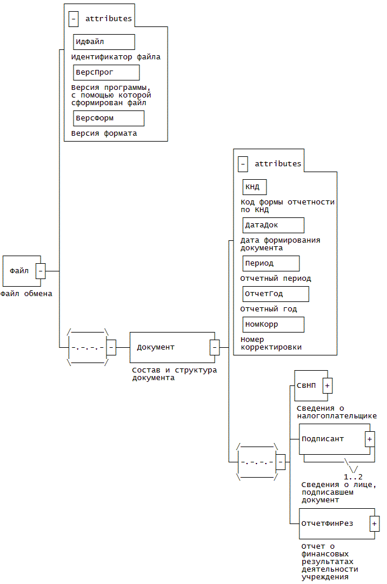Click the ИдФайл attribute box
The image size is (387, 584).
[104, 42]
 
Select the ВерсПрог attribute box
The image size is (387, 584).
[106, 72]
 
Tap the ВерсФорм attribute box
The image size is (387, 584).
[109, 118]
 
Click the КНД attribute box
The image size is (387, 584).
[255, 187]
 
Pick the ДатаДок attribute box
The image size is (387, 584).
[273, 225]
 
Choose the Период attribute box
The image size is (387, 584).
[271, 263]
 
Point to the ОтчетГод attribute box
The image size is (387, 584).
[276, 294]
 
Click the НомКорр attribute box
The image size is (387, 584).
[273, 324]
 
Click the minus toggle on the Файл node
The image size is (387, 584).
[41, 271]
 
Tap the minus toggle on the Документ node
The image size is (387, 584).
[215, 347]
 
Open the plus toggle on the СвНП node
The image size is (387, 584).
[328, 385]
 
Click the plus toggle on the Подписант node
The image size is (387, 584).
[370, 439]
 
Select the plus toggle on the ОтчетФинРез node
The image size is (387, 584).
[375, 523]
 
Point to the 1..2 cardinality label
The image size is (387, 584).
[353, 476]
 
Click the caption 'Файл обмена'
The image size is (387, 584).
[26, 294]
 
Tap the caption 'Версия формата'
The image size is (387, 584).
[104, 133]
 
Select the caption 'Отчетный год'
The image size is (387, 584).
[269, 309]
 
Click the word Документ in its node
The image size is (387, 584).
[156, 347]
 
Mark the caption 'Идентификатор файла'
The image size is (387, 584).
[116, 57]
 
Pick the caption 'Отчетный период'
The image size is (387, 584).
[276, 278]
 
